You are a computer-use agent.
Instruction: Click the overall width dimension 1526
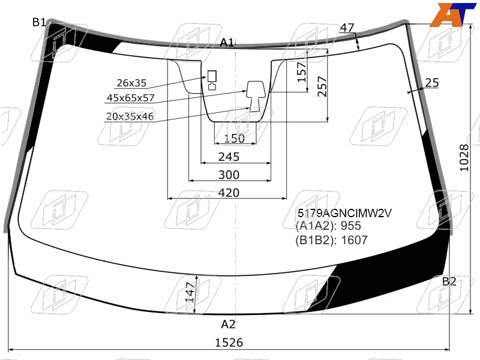coord(229,342)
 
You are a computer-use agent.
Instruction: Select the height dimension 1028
coord(464,158)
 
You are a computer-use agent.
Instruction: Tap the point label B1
coord(39,22)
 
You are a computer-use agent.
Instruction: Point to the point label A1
coord(227,43)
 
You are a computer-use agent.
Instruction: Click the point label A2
coord(229,324)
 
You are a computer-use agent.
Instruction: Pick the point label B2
coord(449,281)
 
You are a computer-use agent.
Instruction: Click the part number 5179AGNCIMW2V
coord(344,213)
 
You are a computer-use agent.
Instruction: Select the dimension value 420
coord(229,193)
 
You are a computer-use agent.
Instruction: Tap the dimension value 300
coord(229,175)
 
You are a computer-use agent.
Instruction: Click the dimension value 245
coord(229,157)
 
